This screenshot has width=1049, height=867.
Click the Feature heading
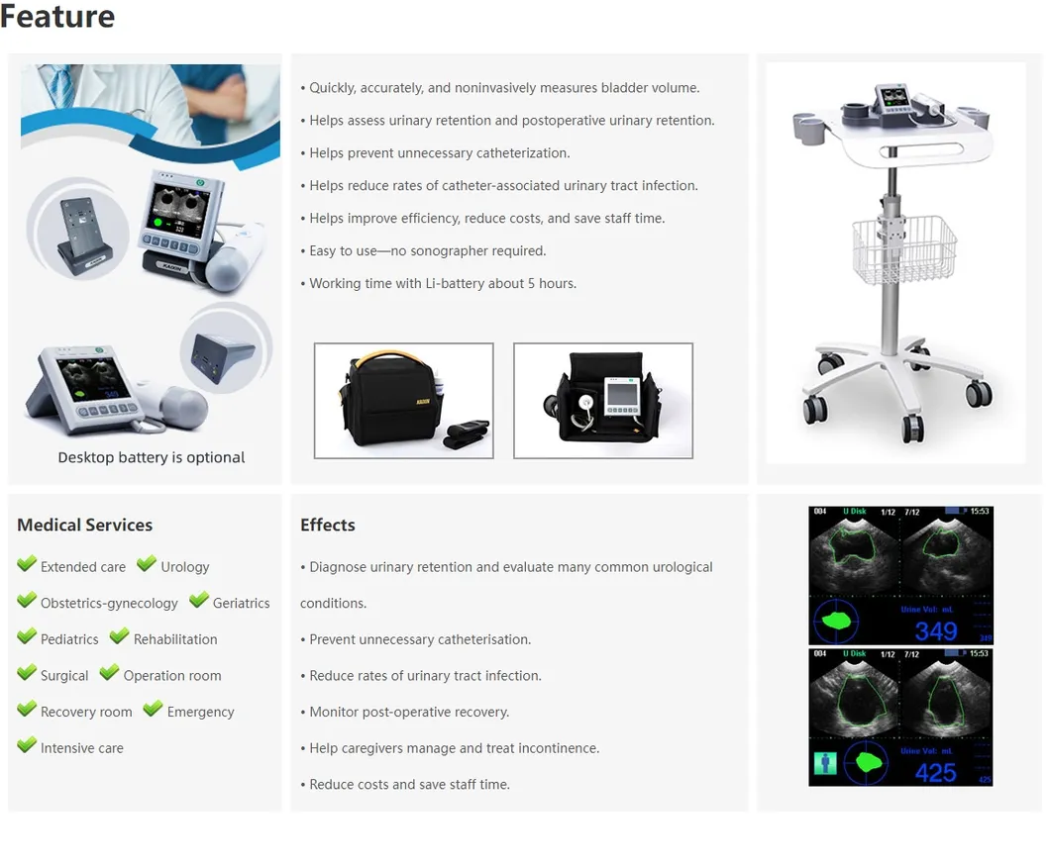[57, 17]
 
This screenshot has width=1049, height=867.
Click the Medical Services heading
[85, 525]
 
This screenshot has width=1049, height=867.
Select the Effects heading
[327, 525]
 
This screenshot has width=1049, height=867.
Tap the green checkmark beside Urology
[147, 564]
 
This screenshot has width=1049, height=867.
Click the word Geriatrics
[241, 603]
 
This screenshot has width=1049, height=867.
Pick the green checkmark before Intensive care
[27, 745]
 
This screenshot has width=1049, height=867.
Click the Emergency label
[200, 712]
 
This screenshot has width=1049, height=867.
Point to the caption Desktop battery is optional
[152, 457]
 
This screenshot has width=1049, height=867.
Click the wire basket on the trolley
[903, 248]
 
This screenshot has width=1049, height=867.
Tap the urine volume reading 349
[935, 630]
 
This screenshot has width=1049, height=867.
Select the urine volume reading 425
[935, 772]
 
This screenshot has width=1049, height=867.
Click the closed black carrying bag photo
[403, 401]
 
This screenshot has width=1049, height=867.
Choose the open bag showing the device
[602, 401]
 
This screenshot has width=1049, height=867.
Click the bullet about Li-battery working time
[442, 283]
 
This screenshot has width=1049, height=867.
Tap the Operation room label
[171, 676]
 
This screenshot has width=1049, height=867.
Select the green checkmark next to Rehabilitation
[119, 636]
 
